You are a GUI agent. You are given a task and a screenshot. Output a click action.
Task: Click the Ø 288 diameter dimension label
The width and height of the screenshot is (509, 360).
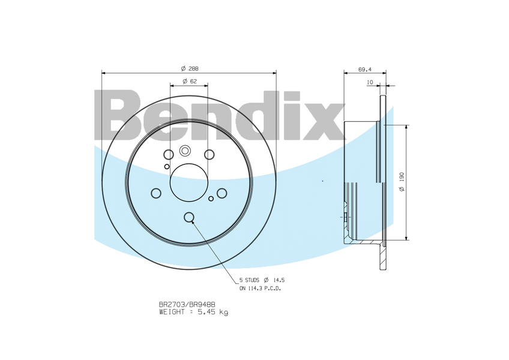[x=189, y=68]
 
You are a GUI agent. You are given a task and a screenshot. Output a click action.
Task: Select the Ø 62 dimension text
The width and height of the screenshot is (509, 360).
[x=189, y=81]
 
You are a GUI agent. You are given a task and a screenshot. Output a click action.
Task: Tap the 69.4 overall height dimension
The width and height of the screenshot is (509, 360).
[x=364, y=70]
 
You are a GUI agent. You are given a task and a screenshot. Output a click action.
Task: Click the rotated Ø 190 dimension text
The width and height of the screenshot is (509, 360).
[x=402, y=181]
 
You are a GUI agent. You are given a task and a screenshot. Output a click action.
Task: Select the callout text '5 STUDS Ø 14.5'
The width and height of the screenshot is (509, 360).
[x=261, y=280]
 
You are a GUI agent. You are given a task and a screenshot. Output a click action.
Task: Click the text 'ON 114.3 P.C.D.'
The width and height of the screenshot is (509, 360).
[x=261, y=288]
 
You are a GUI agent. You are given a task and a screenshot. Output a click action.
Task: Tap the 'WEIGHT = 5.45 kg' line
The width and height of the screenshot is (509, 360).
[x=193, y=312]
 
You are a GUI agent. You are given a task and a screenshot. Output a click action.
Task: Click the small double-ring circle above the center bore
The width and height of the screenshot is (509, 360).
[x=185, y=151]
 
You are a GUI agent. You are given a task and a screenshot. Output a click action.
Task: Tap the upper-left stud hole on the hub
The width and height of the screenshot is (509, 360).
[x=169, y=155]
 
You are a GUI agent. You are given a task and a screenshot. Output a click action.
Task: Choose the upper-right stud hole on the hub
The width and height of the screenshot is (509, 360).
[x=209, y=155]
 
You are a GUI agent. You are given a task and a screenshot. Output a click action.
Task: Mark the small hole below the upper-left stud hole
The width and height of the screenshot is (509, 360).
[x=167, y=166]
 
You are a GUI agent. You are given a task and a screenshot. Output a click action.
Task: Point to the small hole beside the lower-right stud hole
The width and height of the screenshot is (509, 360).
[x=211, y=198]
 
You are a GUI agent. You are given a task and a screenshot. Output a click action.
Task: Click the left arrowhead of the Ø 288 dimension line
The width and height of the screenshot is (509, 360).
[x=104, y=73]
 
